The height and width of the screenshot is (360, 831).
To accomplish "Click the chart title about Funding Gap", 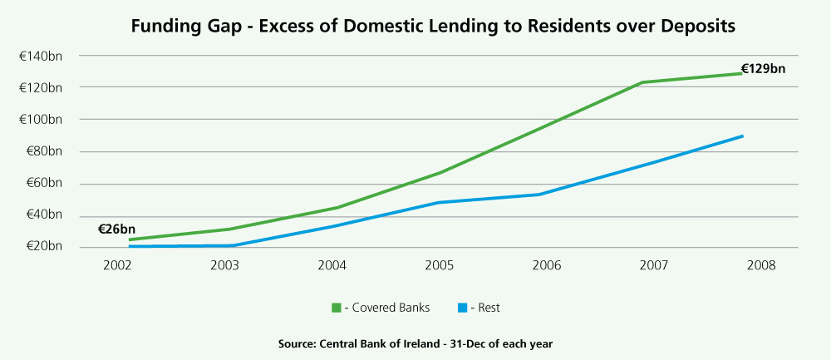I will point(434,26).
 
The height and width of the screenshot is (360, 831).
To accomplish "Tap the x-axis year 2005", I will point(439,266).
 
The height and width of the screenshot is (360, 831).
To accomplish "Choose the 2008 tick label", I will point(761,266).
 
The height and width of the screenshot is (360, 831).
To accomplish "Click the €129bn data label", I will point(763,69).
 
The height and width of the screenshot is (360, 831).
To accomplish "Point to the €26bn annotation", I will point(116,229).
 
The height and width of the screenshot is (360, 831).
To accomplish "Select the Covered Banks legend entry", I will point(381,308).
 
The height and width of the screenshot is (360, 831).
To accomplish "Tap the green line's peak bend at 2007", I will point(642,82).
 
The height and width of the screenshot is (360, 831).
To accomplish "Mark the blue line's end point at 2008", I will point(742,136).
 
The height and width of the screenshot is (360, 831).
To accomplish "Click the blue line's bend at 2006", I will point(540,195).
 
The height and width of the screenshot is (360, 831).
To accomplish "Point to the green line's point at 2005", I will point(439,173).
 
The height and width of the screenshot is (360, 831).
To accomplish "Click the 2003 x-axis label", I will point(224,266).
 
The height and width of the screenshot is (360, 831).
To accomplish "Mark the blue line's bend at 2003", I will point(232,245).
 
